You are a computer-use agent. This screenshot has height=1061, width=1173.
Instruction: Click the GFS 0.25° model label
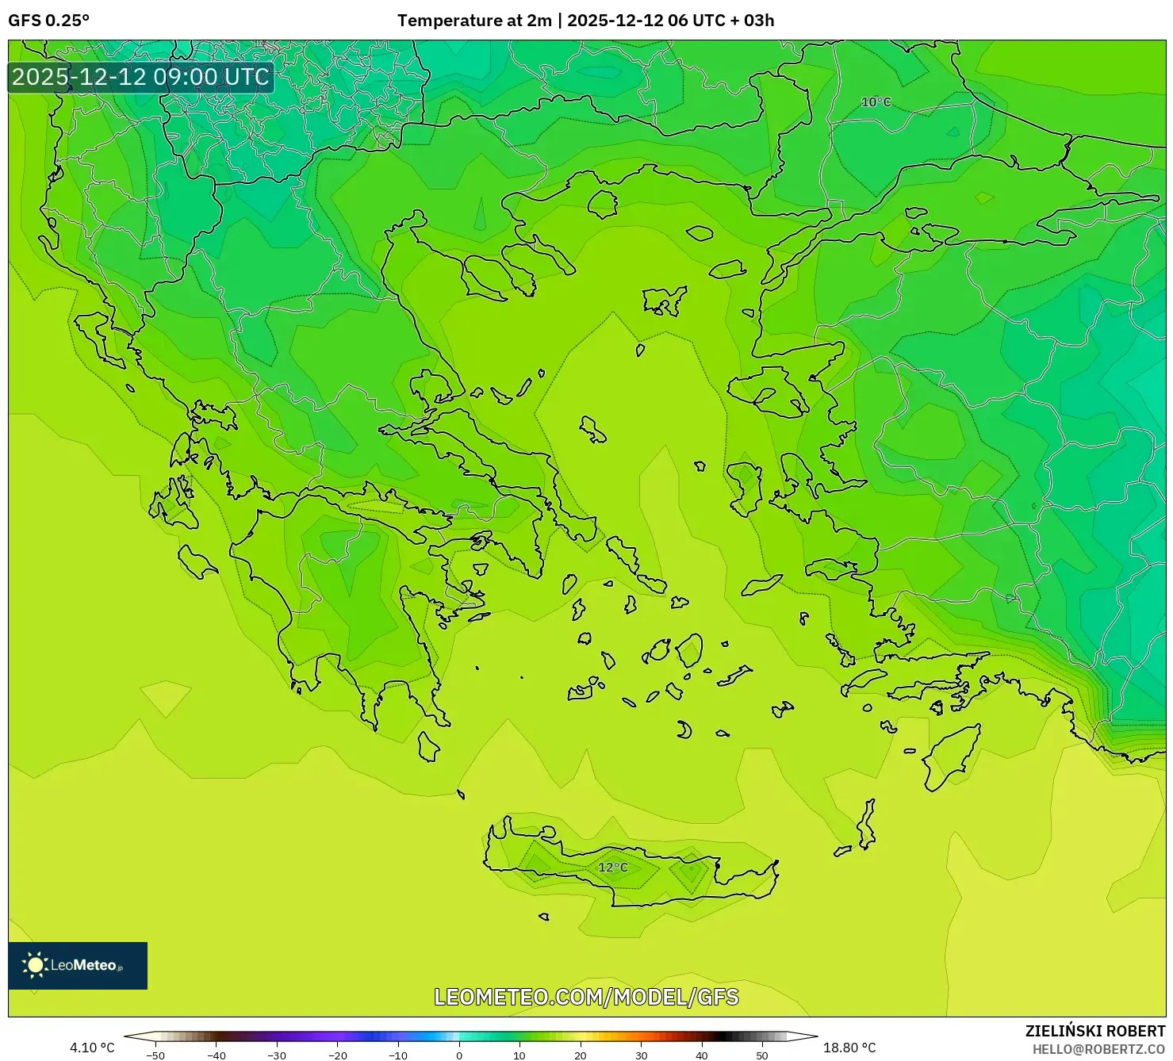pos(48,21)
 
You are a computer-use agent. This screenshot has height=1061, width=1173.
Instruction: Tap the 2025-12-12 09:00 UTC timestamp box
pos(140,77)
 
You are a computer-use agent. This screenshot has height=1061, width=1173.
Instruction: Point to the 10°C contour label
pos(876,102)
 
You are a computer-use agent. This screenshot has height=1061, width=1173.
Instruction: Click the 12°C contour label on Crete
pos(612,868)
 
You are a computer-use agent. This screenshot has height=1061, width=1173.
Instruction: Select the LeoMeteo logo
pos(78,965)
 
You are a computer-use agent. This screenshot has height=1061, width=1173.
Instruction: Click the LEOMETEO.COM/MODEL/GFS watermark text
pos(586,997)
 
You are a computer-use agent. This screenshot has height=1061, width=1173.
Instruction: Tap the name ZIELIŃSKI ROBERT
pos(1094,1031)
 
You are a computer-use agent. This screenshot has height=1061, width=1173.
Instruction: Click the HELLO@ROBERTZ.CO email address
pos(1098,1049)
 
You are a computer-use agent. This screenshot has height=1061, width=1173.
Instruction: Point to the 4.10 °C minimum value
pos(92,1048)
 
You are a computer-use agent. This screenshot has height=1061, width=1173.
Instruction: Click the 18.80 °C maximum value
pos(849,1048)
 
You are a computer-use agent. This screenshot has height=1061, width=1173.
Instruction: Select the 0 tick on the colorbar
pos(459,1055)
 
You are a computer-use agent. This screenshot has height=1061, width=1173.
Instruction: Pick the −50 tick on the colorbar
pos(155,1055)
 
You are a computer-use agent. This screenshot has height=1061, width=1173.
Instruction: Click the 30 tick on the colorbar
pos(641,1055)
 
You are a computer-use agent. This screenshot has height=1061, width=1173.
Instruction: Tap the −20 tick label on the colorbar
pos(337,1055)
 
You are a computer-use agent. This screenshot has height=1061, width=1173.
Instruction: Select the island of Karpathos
pos(865,827)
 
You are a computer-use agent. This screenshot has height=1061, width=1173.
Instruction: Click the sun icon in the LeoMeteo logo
pos(35,965)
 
